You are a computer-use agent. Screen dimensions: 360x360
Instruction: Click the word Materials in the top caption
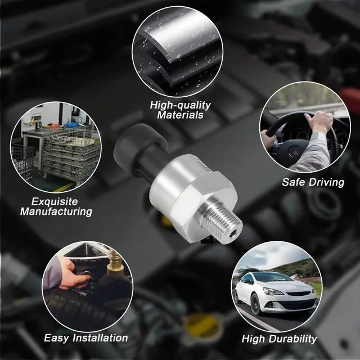coord(181,115)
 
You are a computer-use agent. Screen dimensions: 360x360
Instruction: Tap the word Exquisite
coord(55,201)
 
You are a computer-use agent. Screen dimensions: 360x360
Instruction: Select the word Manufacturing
coord(56,211)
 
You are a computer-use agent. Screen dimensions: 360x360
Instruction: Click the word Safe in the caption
coord(294,182)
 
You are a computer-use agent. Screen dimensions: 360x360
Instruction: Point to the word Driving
coord(326,182)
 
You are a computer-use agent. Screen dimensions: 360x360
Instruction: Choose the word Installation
coord(100,338)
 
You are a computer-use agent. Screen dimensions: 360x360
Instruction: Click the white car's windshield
coord(274,277)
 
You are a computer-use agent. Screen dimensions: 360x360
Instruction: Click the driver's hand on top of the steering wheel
coord(319,121)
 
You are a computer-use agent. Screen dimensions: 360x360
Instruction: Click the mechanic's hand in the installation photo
coord(73,276)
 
